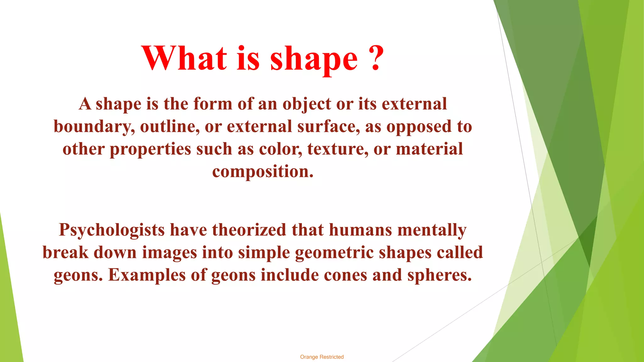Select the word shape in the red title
point(314,60)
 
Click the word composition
point(263,172)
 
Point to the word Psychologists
point(112,230)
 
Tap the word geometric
point(334,253)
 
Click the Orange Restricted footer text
point(322,357)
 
